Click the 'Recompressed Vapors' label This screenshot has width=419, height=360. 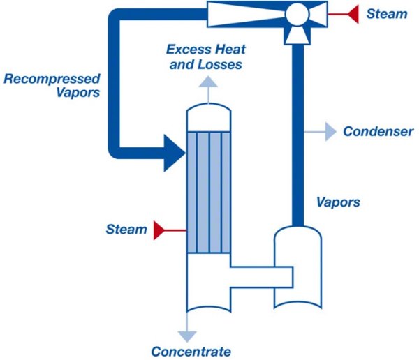pyautogui.click(x=52, y=84)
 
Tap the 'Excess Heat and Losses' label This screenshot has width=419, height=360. pyautogui.click(x=204, y=57)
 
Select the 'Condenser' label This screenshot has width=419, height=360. pyautogui.click(x=378, y=131)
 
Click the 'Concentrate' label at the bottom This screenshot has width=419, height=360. pyautogui.click(x=191, y=351)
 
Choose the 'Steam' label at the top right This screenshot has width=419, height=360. pyautogui.click(x=386, y=13)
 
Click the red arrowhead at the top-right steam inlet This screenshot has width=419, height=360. pyautogui.click(x=353, y=13)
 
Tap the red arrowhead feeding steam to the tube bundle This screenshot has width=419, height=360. pyautogui.click(x=160, y=229)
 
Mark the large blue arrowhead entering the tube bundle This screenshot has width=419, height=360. pyautogui.click(x=175, y=151)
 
